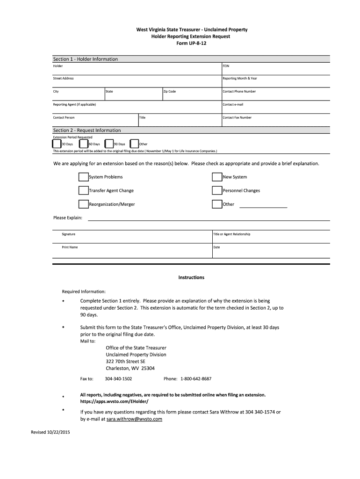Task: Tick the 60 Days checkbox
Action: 83,144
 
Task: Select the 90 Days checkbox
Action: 109,144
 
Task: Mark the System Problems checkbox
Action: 83,177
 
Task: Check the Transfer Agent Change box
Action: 83,190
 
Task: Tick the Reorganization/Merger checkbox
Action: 83,204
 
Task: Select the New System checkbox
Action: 216,177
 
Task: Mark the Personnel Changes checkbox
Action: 216,190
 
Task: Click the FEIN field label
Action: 226,66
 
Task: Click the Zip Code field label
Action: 169,91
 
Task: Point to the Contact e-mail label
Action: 233,104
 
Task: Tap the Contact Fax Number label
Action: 237,117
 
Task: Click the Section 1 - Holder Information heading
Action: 85,59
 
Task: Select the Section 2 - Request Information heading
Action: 86,130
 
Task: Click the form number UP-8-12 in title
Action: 191,43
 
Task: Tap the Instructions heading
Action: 191,277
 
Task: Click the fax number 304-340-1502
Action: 118,378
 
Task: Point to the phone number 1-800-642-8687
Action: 196,378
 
